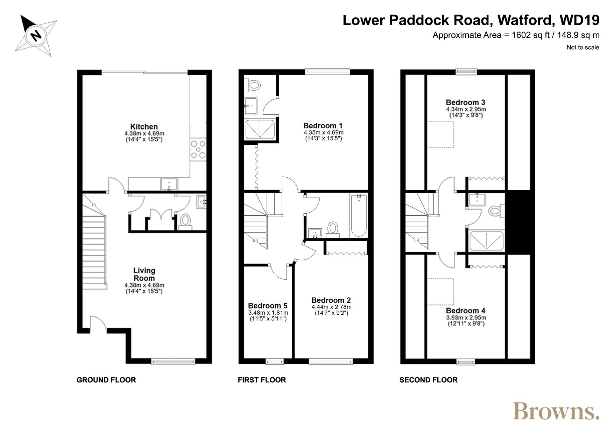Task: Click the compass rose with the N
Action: click(x=36, y=35)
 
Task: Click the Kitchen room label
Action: click(x=144, y=127)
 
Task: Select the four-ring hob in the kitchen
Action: click(x=198, y=150)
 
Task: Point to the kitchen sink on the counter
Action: click(x=169, y=184)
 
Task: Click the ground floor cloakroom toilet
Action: click(x=185, y=221)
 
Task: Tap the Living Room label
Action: click(x=144, y=274)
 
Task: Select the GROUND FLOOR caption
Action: click(x=106, y=380)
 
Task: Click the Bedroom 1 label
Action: click(x=323, y=126)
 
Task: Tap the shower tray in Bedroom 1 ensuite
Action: click(x=260, y=129)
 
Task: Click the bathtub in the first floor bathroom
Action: click(x=359, y=216)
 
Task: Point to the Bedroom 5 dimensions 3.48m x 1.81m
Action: click(x=268, y=313)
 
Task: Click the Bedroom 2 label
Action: click(x=331, y=300)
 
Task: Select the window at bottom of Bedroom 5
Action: click(x=275, y=362)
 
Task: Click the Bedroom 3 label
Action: click(x=465, y=102)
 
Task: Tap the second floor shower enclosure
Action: click(x=486, y=241)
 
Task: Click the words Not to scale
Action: click(x=583, y=48)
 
